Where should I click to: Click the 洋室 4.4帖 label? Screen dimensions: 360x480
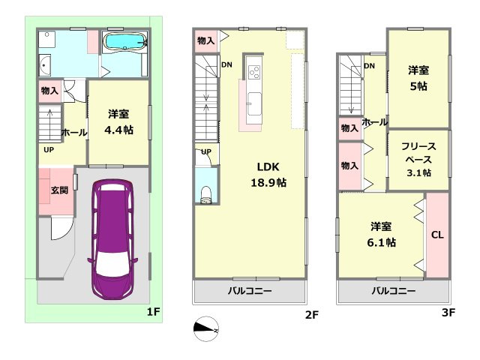118,121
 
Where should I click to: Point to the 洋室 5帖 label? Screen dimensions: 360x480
418,77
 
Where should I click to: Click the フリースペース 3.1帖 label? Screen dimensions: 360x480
418,159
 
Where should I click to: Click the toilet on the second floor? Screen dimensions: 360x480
205,194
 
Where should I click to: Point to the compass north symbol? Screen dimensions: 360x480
208,328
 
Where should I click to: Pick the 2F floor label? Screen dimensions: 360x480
312,315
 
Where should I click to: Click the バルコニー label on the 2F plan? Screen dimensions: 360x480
250,291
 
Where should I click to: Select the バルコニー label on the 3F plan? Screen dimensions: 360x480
394,291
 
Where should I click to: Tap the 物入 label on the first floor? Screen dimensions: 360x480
49,91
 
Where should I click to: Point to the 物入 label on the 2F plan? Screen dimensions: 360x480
205,40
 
